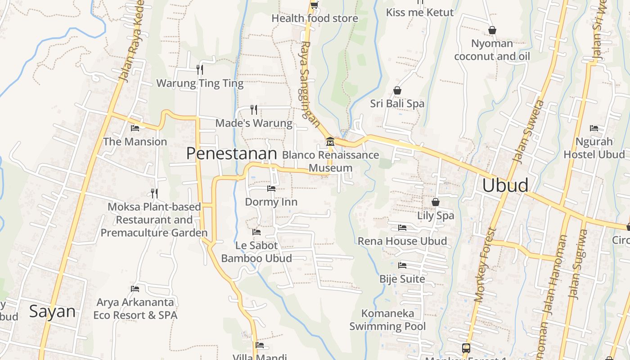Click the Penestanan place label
click(231, 154)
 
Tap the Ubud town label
click(505, 185)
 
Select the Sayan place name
click(52, 311)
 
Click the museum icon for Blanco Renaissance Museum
click(330, 142)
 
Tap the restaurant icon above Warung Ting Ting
click(200, 69)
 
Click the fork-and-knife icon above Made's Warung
click(254, 109)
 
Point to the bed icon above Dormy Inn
click(271, 188)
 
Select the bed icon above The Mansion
click(135, 128)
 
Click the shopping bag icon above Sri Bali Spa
click(397, 90)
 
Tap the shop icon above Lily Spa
click(435, 202)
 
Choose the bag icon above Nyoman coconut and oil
click(492, 30)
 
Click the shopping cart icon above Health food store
click(314, 5)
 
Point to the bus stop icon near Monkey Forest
click(466, 348)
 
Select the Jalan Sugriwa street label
click(579, 265)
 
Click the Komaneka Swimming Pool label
click(387, 319)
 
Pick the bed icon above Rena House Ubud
click(402, 228)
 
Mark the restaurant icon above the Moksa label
click(154, 193)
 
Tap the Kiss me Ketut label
click(419, 12)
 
